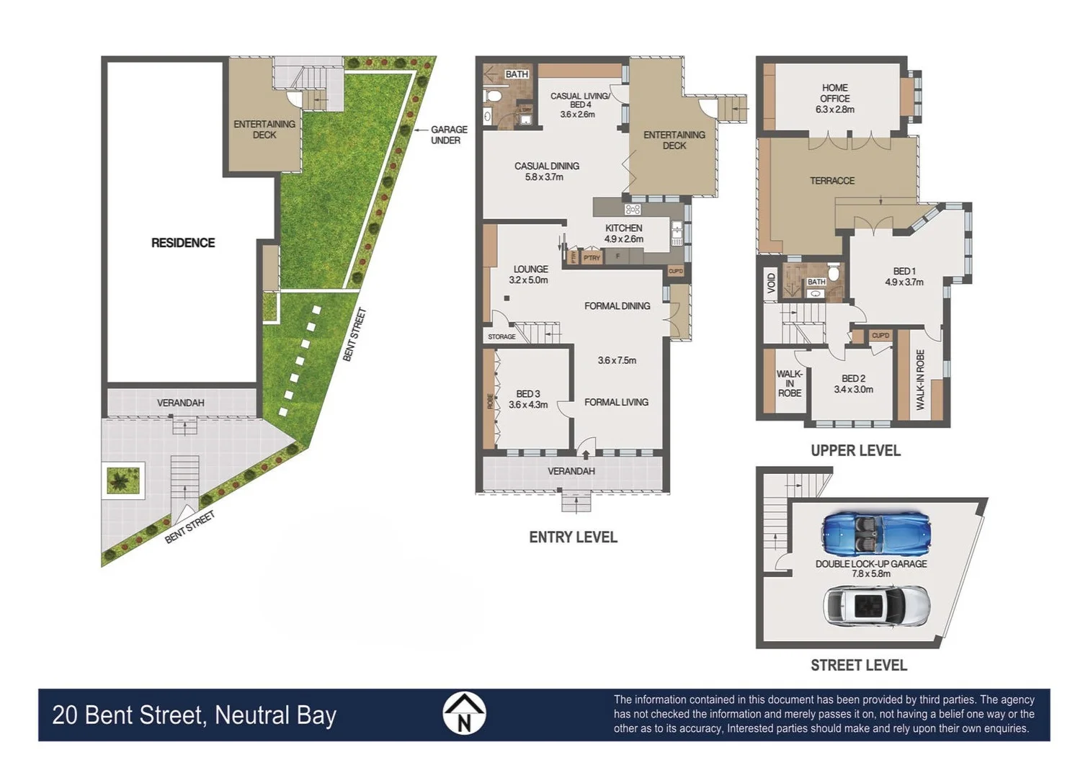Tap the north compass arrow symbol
(464, 714)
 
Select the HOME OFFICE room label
(834, 93)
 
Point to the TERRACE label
(831, 181)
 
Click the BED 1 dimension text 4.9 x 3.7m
(904, 282)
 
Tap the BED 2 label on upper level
(853, 378)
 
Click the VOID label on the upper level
(771, 282)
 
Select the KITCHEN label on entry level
(623, 228)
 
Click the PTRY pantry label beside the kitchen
(592, 258)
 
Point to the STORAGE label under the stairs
(501, 336)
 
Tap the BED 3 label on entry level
(527, 394)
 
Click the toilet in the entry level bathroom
(494, 96)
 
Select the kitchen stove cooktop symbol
(633, 210)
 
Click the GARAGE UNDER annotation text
(448, 135)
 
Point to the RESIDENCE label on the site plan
(183, 243)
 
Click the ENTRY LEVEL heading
(573, 537)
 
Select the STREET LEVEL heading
(858, 665)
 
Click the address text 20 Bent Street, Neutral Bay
(194, 715)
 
